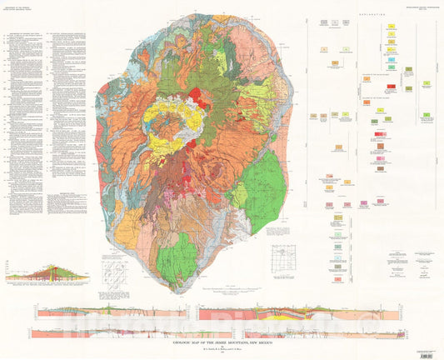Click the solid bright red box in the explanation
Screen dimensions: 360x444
point(390,86)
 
